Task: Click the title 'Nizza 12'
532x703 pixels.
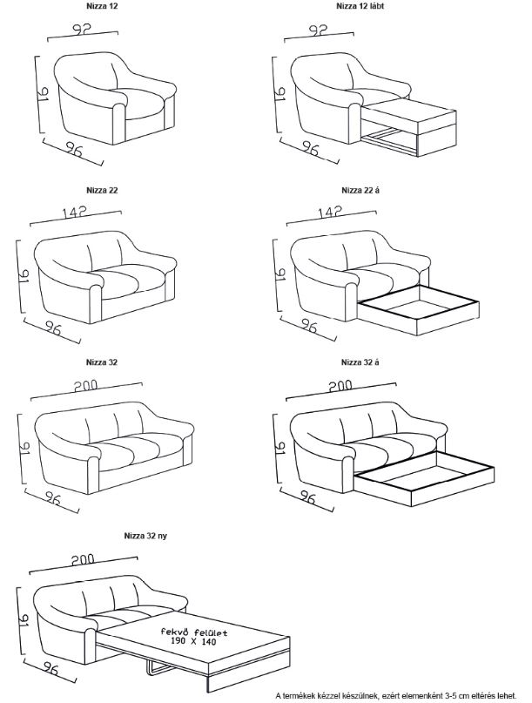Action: click(102, 7)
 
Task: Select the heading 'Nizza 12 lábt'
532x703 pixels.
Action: click(360, 7)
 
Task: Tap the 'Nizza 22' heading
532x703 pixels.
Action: click(102, 190)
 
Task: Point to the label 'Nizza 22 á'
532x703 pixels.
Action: click(360, 190)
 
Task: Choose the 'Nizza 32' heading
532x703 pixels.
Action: click(102, 362)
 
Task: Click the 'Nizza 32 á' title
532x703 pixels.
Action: click(360, 362)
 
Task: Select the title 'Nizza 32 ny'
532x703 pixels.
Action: click(145, 536)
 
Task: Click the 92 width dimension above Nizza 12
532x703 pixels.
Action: click(82, 29)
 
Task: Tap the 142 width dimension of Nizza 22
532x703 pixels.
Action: click(74, 212)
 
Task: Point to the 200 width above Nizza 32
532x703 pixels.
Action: click(86, 386)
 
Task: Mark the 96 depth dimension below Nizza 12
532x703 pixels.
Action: click(74, 149)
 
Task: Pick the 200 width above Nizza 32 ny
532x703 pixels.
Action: click(83, 559)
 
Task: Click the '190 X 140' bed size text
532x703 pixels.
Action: click(193, 641)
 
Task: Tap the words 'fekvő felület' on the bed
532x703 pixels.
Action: click(194, 632)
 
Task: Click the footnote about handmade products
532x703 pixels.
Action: click(396, 696)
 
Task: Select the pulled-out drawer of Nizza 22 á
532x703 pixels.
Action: click(419, 310)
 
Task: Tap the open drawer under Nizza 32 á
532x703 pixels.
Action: click(424, 478)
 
